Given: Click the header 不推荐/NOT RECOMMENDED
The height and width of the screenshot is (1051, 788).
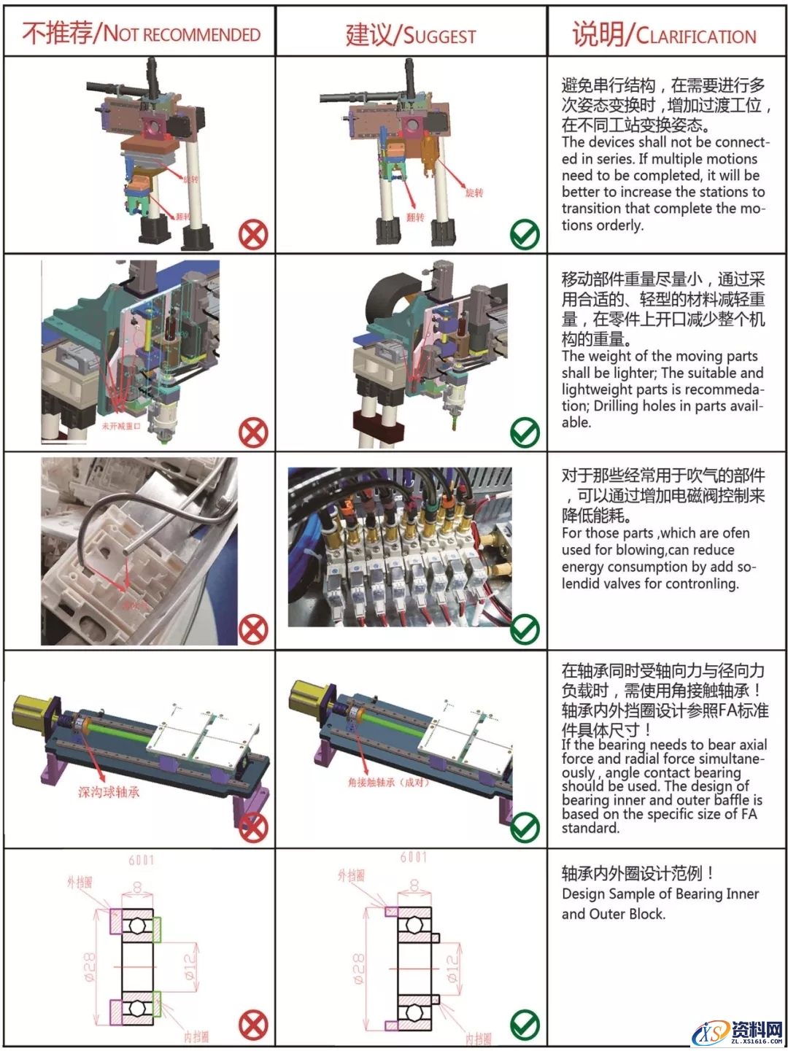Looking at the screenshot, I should click(x=141, y=33).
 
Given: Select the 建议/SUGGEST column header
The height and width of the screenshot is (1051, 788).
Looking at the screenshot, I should click(x=411, y=34).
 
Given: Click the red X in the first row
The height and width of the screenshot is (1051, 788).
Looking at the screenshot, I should click(x=253, y=235).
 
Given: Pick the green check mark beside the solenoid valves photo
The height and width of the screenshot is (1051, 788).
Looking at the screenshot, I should click(x=525, y=629).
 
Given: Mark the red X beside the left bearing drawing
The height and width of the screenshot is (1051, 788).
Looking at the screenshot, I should click(x=253, y=1025).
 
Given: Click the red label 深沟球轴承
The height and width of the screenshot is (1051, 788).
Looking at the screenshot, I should click(x=109, y=792).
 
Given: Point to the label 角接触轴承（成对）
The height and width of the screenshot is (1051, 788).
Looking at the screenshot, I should click(x=388, y=783).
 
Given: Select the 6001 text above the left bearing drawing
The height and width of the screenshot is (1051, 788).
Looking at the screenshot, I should click(x=142, y=861).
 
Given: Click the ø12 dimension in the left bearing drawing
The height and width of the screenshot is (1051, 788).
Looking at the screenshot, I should click(x=191, y=966).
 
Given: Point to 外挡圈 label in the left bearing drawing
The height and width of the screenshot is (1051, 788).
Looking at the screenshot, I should click(x=80, y=883).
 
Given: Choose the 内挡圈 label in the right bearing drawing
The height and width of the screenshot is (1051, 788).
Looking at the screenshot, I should click(x=478, y=1038).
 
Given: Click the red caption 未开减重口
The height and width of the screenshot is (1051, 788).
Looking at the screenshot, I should click(x=120, y=426).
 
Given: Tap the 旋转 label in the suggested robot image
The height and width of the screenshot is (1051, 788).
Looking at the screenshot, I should click(x=474, y=193).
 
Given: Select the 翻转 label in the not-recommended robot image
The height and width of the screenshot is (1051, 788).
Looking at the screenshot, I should click(x=183, y=217).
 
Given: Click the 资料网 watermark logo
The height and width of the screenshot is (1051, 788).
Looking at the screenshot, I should click(x=738, y=1031).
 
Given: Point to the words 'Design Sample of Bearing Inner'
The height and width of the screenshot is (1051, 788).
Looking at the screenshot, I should click(x=660, y=894).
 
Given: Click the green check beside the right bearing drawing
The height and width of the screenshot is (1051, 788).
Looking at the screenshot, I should click(x=525, y=1025).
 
